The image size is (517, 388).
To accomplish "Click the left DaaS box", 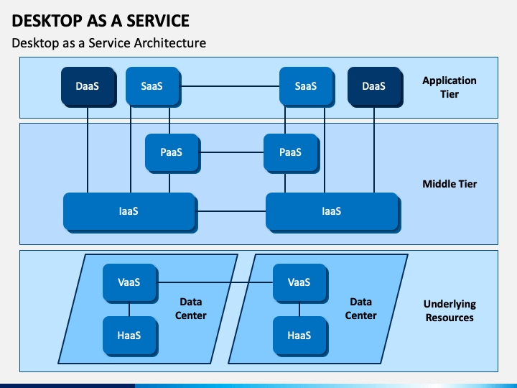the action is (x=89, y=87).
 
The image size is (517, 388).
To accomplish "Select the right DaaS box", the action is (x=376, y=87).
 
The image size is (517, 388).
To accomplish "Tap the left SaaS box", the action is (x=154, y=87).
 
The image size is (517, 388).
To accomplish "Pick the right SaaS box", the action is (x=307, y=87).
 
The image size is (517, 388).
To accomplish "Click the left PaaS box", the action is (x=173, y=154).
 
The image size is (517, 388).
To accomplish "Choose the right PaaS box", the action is (x=292, y=154).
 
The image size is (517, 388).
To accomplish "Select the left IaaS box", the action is (x=130, y=213).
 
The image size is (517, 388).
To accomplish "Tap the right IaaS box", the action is (x=333, y=213).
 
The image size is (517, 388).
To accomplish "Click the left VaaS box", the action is (x=131, y=283).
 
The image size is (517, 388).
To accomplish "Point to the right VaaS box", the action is (x=301, y=283).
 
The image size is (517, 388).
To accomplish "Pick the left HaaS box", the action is (x=131, y=336).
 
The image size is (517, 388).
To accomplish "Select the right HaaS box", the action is (x=301, y=336).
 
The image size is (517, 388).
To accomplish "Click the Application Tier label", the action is (x=450, y=87).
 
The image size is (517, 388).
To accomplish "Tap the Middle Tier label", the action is (x=450, y=184).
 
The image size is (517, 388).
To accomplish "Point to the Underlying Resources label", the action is (x=450, y=310).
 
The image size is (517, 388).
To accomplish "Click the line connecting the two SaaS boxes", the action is (x=230, y=86).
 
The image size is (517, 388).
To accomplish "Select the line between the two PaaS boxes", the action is (x=232, y=152).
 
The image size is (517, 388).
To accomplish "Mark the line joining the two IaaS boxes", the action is (x=232, y=211).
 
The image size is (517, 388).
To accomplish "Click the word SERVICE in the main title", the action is (x=158, y=21).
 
